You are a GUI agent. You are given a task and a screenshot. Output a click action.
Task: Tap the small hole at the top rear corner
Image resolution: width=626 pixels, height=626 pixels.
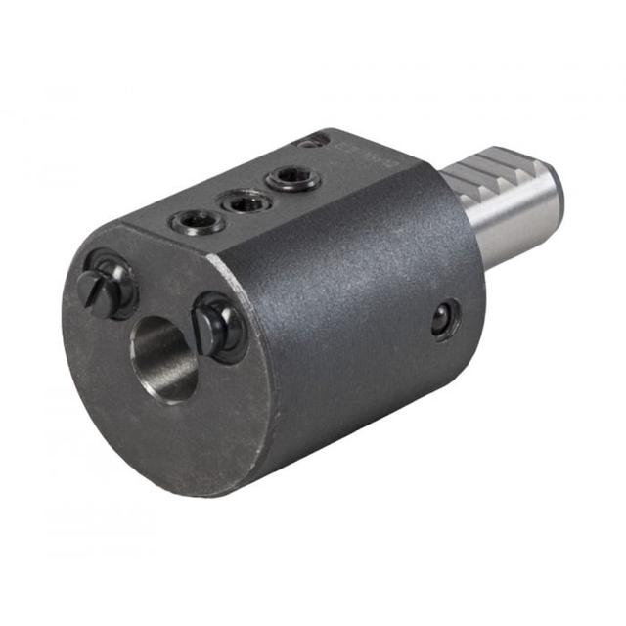[x=311, y=142]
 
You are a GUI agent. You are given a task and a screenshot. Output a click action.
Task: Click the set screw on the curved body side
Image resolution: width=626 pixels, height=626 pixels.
[x=445, y=318]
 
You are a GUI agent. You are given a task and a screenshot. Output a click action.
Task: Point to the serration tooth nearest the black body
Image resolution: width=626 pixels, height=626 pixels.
[x=460, y=173]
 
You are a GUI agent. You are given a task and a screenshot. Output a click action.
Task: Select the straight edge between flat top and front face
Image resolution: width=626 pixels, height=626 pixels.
[x=176, y=245]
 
